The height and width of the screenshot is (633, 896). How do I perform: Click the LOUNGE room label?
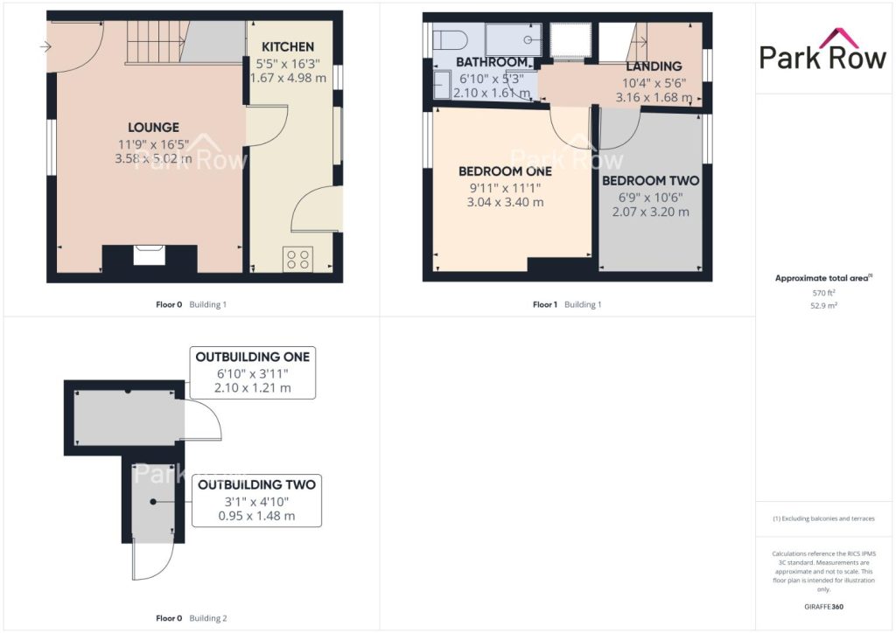click(153, 128)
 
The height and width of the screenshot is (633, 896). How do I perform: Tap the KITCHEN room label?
click(288, 47)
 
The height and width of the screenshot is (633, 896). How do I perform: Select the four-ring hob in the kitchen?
click(298, 259)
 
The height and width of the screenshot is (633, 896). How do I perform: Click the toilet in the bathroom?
click(451, 40)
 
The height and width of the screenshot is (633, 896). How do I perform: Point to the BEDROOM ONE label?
click(505, 171)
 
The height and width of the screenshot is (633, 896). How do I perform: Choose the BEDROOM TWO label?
click(651, 181)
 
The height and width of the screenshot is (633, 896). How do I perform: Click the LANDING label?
click(654, 66)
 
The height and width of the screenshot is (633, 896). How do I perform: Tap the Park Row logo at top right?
click(822, 50)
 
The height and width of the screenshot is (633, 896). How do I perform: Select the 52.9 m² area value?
click(823, 305)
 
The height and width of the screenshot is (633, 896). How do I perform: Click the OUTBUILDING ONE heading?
click(253, 357)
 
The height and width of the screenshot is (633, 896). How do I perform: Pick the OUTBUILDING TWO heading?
click(256, 484)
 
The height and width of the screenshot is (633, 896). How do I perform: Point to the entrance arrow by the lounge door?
click(45, 47)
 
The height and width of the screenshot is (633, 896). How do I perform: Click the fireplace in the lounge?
click(149, 255)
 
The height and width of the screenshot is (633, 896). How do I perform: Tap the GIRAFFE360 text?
click(823, 607)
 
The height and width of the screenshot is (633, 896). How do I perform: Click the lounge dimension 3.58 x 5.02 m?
click(153, 158)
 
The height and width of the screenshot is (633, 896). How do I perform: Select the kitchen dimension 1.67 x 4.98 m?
click(288, 78)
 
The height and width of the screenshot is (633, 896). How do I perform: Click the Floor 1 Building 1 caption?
click(567, 305)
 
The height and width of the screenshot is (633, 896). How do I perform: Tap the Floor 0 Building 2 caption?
click(192, 618)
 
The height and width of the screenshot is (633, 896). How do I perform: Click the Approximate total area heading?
click(823, 278)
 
